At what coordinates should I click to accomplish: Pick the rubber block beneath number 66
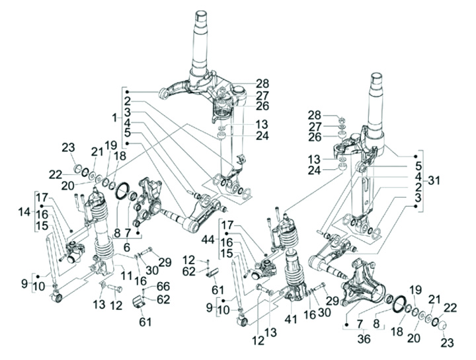click(x=141, y=303)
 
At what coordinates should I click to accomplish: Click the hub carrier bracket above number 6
click(x=147, y=201)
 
